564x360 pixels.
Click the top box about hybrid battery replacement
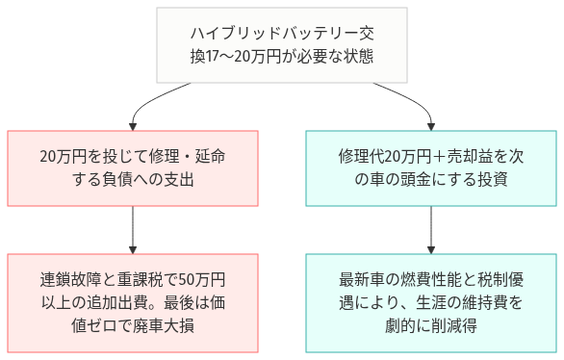tap(282, 45)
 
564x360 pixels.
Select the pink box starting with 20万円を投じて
tap(134, 167)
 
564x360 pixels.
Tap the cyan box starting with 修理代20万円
tap(429, 167)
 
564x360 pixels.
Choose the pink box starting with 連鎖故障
tap(134, 302)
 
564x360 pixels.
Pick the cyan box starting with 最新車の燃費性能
tap(429, 302)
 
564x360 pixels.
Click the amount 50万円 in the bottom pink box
tap(202, 280)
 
